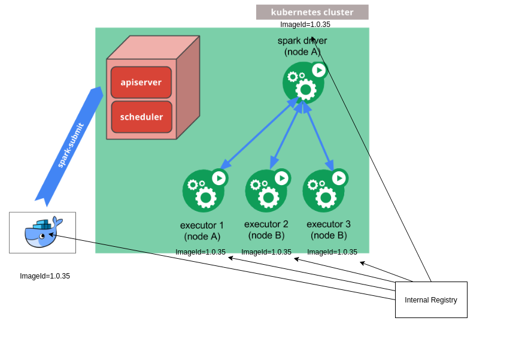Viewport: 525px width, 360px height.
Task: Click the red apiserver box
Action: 141,82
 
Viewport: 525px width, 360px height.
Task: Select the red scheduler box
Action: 141,117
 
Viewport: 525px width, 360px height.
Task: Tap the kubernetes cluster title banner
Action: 312,12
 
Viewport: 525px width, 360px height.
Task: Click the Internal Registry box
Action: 431,300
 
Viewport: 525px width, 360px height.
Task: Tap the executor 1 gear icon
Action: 204,191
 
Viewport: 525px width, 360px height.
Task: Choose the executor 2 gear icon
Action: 267,191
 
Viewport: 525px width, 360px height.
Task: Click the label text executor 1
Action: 202,225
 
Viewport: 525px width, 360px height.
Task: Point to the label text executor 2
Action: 266,224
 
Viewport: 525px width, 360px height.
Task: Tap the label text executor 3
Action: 329,224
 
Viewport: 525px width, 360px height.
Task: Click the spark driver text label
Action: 302,41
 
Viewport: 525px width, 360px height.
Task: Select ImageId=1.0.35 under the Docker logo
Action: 45,276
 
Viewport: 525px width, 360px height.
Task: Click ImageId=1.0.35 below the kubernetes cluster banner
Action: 305,25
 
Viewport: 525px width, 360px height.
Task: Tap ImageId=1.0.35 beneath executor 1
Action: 201,252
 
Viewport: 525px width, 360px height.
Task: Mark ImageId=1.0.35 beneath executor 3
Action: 332,252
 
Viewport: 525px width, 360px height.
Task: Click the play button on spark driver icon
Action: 319,70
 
